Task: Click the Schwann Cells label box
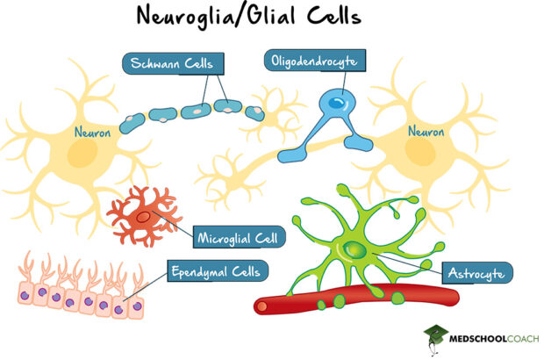tap(173, 63)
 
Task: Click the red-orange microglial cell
tap(142, 214)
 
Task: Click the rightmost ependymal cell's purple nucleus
tap(133, 306)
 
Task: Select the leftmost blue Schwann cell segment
tap(134, 121)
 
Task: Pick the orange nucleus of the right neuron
tap(420, 155)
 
